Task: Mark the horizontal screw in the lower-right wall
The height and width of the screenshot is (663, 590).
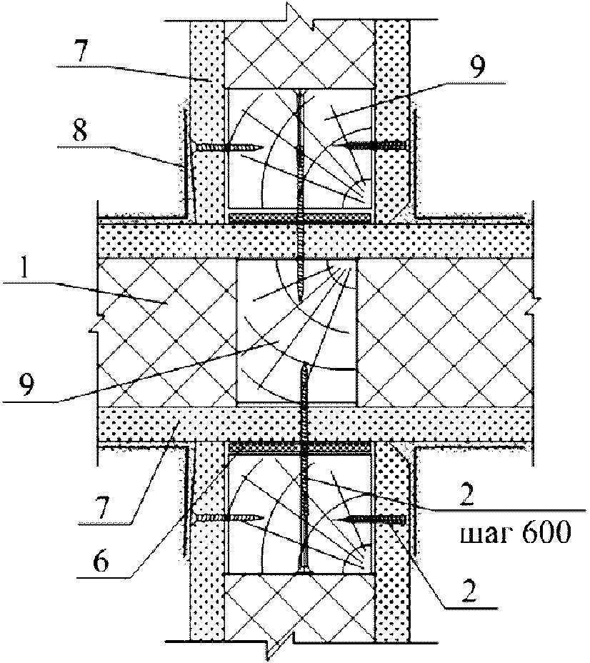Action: (374, 519)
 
